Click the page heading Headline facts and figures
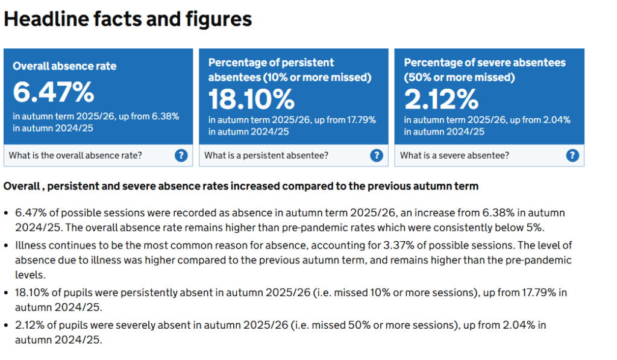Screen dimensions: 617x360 128,19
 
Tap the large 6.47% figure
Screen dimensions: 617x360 54,92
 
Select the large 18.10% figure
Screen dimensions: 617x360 251,99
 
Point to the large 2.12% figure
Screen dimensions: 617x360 441,99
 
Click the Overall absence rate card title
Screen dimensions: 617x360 64,66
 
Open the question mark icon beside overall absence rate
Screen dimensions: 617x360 181,156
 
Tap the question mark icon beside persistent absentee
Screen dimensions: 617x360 377,156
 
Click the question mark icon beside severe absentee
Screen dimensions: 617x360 572,156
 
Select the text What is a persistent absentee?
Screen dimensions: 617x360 266,156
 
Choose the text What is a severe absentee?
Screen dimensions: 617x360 454,156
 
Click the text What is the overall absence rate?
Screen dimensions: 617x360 75,156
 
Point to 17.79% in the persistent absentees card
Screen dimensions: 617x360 362,120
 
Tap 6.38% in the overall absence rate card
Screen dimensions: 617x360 165,116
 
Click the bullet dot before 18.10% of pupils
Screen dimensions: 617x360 6,292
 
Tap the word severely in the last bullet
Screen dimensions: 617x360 132,326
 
